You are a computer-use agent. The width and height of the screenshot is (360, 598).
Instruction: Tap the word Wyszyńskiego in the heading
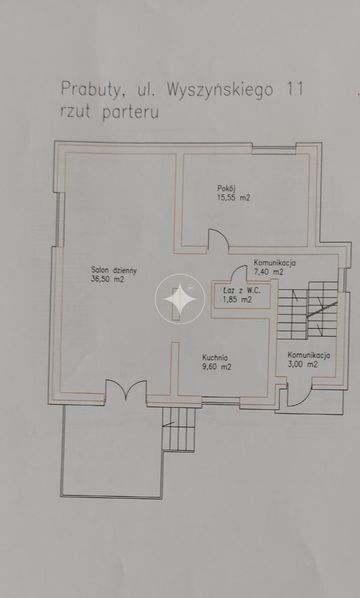tap(220, 91)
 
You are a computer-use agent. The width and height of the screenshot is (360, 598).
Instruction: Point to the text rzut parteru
tap(109, 112)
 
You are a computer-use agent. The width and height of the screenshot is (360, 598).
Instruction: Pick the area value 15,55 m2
tap(234, 197)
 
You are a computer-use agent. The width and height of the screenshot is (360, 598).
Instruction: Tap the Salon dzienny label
tap(114, 270)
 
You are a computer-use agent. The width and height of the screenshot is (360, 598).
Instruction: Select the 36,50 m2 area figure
tap(108, 280)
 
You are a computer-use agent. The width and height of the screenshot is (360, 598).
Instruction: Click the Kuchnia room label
tap(215, 358)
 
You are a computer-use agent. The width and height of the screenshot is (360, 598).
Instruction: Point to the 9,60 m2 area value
tap(216, 367)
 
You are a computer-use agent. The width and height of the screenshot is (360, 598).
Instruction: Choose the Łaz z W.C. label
tap(241, 290)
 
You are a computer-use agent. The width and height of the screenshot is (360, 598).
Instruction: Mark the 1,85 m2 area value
tap(237, 300)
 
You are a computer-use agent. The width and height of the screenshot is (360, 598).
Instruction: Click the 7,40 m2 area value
tap(269, 272)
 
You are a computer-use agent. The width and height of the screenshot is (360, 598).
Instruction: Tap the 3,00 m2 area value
tap(303, 364)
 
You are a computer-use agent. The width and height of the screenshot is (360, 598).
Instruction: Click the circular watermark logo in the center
tap(180, 299)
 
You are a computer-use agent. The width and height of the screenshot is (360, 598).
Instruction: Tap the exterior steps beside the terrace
tap(179, 428)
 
